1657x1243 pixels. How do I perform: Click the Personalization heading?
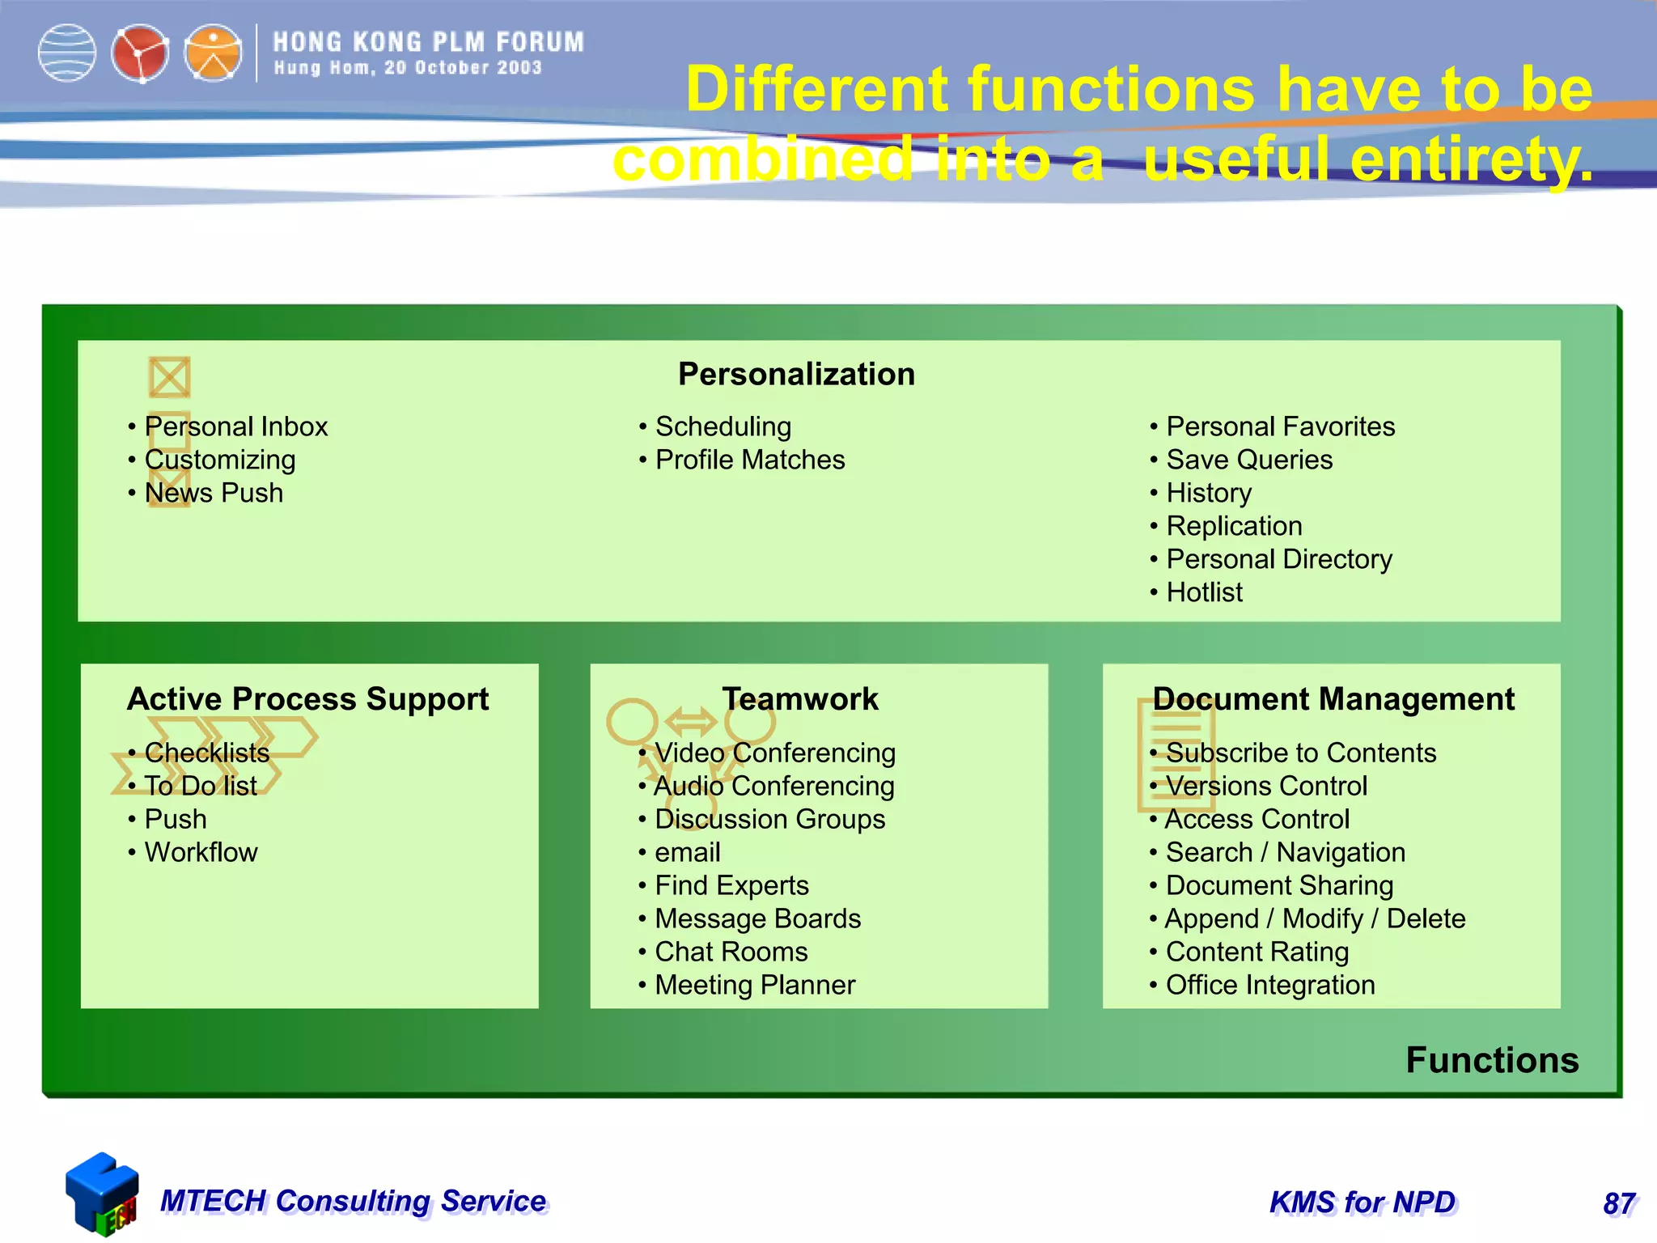[796, 375]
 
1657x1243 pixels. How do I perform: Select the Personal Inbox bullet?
[235, 426]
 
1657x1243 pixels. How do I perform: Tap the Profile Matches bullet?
[749, 460]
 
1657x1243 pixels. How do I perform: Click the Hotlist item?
[1203, 592]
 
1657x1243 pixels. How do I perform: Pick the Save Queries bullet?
[1248, 460]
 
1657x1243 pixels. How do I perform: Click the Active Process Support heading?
[307, 699]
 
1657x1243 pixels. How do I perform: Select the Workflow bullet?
[201, 852]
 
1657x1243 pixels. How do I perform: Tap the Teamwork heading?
[799, 699]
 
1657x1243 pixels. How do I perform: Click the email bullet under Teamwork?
[687, 852]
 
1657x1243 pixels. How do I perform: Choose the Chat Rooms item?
[731, 952]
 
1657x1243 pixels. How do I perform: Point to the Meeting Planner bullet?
[754, 985]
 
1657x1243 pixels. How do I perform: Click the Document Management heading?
[1333, 699]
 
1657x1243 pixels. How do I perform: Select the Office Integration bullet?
[1269, 985]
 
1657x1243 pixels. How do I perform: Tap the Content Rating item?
[1257, 952]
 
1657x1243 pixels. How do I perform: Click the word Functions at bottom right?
[1492, 1060]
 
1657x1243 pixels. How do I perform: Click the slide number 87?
[1619, 1203]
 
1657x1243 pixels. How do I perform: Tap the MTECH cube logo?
[102, 1194]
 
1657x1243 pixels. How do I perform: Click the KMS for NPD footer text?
[1362, 1203]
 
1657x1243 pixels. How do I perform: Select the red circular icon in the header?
[140, 54]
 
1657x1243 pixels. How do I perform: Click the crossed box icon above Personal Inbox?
[169, 377]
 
